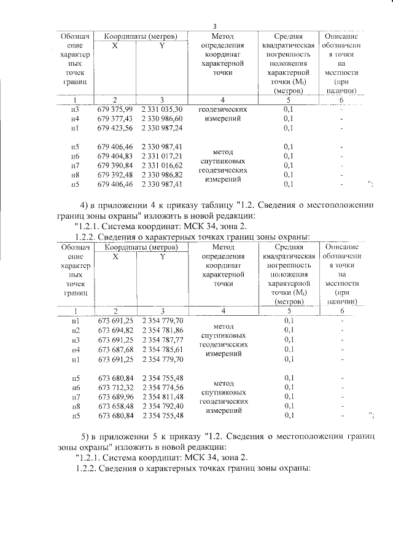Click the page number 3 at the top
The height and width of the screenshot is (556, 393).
tap(214, 26)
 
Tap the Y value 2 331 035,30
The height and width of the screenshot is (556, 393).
tap(162, 109)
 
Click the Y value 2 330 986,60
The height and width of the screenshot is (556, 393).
tap(162, 118)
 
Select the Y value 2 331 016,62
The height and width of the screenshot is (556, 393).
tap(162, 165)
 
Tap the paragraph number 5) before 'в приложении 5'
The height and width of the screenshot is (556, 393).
tap(87, 436)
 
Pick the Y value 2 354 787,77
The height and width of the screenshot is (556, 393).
tap(163, 340)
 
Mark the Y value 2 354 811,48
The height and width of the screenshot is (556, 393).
tap(163, 397)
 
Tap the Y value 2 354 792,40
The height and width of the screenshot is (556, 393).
tap(163, 406)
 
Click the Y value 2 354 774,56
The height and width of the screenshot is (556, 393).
tap(163, 387)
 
